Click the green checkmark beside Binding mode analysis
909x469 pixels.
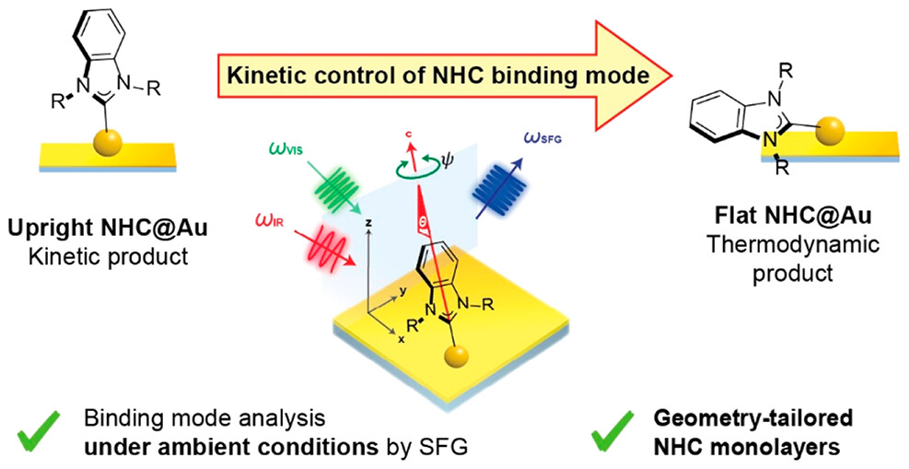pyautogui.click(x=38, y=428)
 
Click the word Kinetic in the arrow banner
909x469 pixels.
pyautogui.click(x=261, y=76)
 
